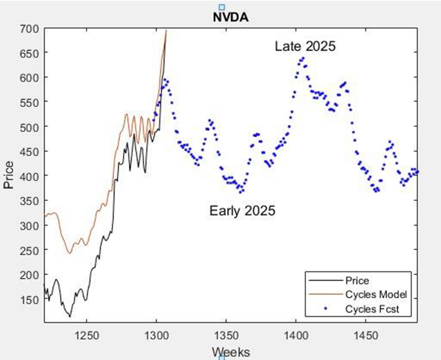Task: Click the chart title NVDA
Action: (x=231, y=17)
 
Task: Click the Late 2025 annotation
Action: (x=305, y=47)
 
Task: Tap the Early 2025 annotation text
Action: (x=242, y=211)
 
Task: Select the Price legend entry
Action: (x=357, y=281)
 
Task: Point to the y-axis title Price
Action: (x=8, y=175)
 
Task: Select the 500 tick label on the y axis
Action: (x=29, y=127)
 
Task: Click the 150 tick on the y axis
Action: (x=29, y=299)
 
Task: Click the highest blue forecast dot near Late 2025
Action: (x=303, y=58)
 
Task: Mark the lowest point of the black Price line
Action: (x=70, y=316)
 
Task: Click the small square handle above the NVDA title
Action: (x=222, y=7)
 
